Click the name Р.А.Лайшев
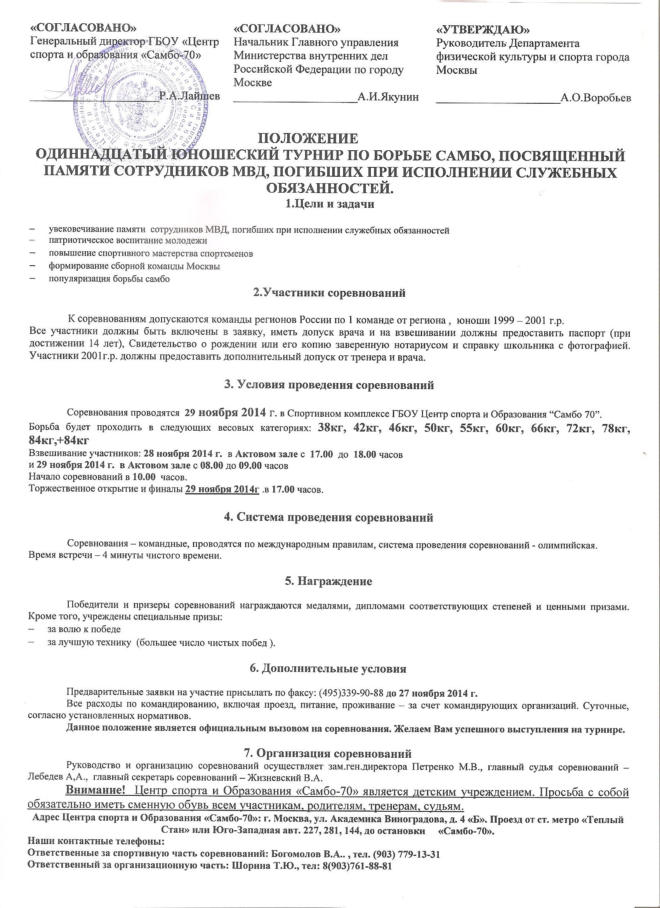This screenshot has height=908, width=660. tap(189, 96)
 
